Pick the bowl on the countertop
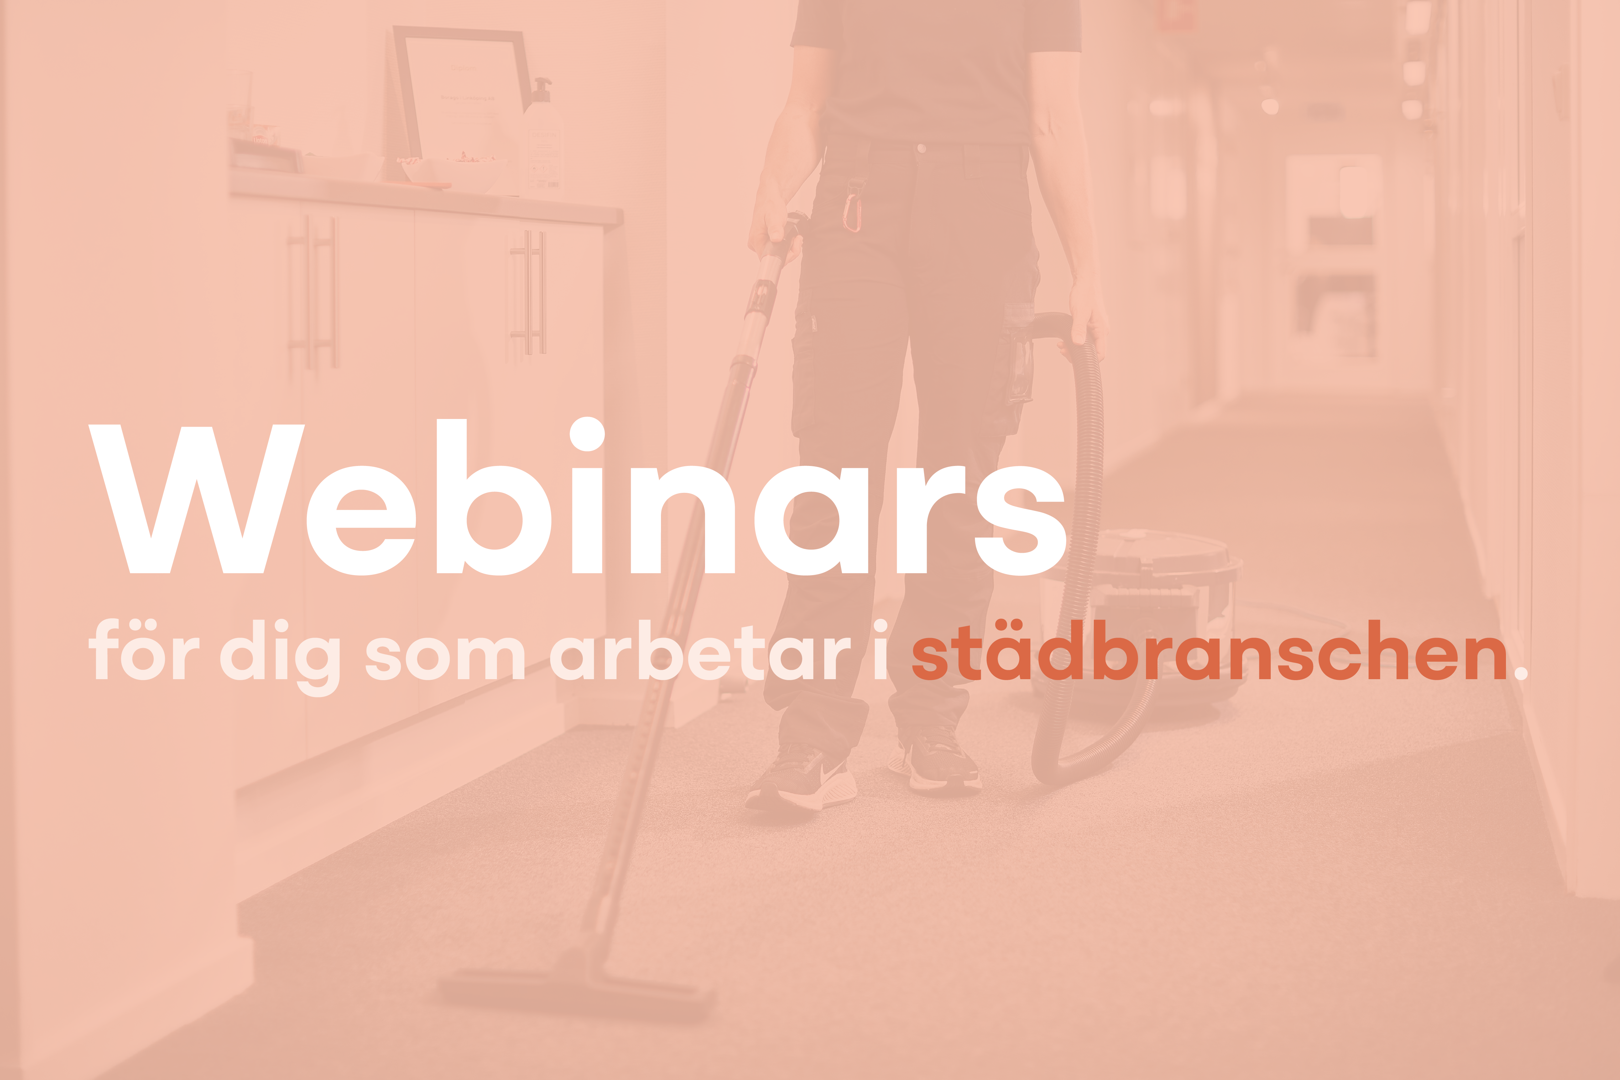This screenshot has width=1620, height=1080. tap(455, 172)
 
